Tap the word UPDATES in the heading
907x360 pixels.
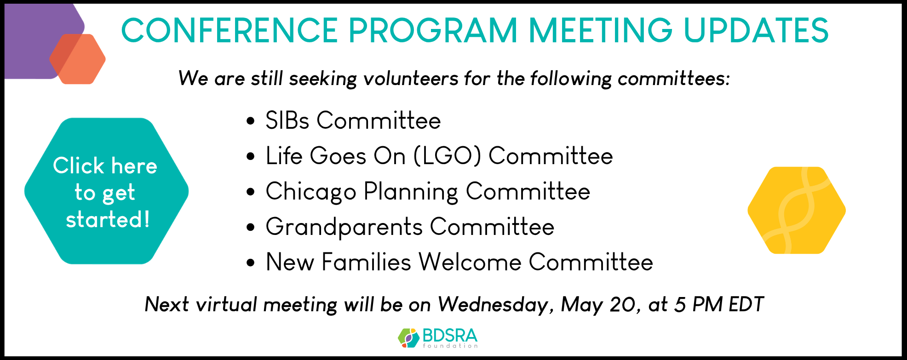click(x=756, y=31)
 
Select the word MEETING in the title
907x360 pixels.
click(x=601, y=31)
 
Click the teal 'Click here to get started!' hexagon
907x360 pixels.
click(x=106, y=191)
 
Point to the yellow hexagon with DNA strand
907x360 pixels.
click(x=797, y=210)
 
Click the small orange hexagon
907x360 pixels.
click(x=78, y=59)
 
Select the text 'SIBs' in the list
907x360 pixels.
click(x=287, y=120)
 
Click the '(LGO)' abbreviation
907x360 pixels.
click(x=448, y=156)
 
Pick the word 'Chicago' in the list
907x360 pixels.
click(x=311, y=192)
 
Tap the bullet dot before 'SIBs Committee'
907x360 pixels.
click(x=251, y=121)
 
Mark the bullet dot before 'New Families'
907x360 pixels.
click(x=251, y=263)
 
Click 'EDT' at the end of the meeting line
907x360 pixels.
click(x=746, y=304)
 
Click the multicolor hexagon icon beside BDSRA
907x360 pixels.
click(x=409, y=338)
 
